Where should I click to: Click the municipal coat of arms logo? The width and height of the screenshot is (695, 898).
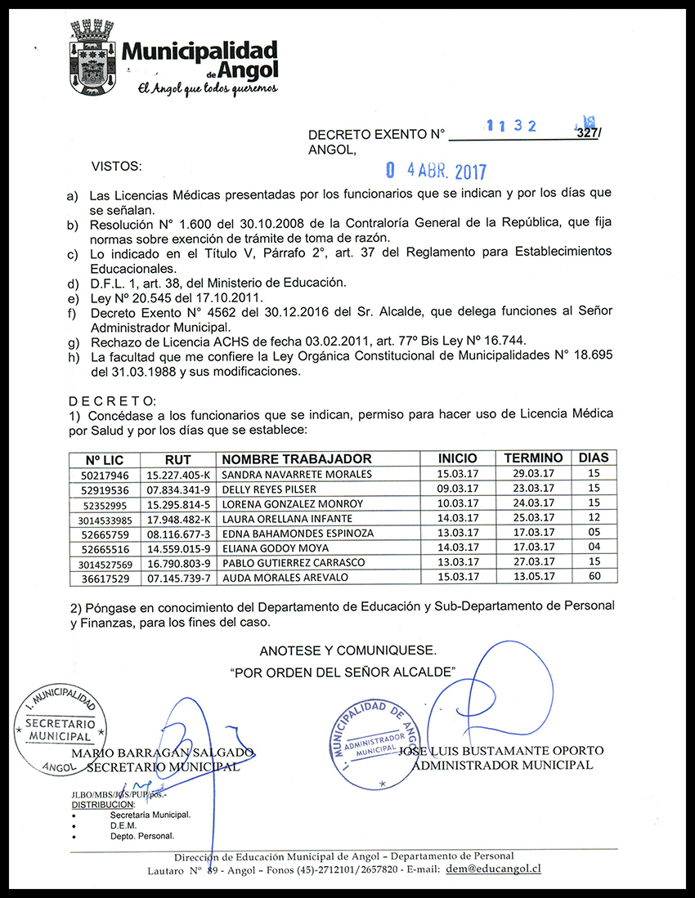(x=92, y=57)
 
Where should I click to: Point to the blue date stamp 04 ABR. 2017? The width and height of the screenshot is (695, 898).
(x=436, y=171)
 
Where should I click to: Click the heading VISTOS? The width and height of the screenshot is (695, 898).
(x=116, y=166)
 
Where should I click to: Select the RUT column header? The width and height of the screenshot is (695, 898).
(x=177, y=458)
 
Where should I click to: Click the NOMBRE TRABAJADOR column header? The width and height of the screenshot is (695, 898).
(x=297, y=458)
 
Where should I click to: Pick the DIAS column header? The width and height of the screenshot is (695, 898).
(x=594, y=458)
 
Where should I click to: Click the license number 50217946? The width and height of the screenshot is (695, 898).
(x=105, y=474)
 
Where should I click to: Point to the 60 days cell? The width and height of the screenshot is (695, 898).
(x=594, y=578)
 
